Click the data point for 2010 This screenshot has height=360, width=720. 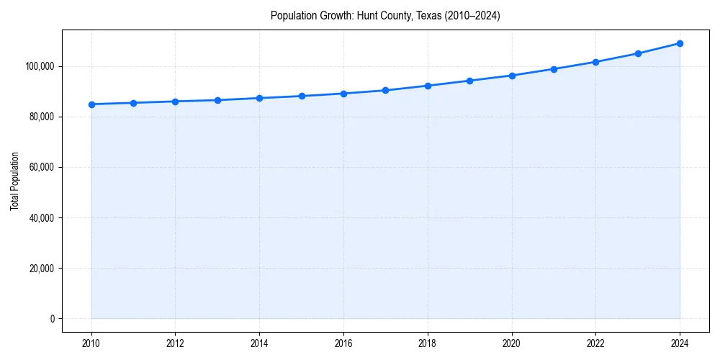[91, 104]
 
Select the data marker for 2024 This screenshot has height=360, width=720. [680, 43]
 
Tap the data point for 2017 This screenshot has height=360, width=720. [385, 90]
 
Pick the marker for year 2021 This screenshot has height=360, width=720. [554, 69]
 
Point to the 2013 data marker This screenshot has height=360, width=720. [217, 100]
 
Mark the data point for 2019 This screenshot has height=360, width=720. [469, 81]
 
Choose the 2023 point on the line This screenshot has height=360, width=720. [638, 53]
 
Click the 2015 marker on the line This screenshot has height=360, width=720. [302, 96]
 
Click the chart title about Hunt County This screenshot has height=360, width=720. [385, 15]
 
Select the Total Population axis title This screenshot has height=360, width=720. [14, 181]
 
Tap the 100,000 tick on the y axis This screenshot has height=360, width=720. [40, 66]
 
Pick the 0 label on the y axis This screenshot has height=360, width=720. [52, 319]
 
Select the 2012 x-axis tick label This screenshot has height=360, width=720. [175, 343]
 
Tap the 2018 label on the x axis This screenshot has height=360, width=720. [428, 343]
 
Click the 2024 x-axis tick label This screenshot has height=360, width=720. [680, 343]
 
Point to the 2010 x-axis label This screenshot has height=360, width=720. [91, 343]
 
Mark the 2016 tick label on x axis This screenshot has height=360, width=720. [343, 343]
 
